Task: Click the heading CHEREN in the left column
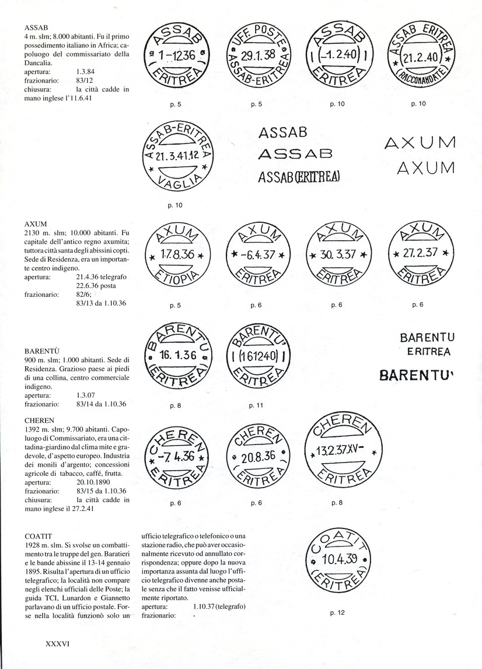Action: pyautogui.click(x=40, y=419)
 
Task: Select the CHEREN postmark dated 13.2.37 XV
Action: pyautogui.click(x=341, y=450)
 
